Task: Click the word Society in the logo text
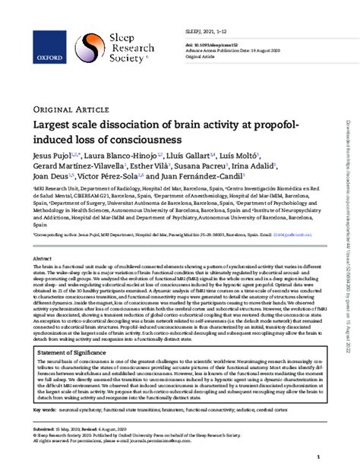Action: [x=113, y=55]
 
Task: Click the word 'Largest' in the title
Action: [x=53, y=125]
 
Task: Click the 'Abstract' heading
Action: [x=43, y=260]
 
